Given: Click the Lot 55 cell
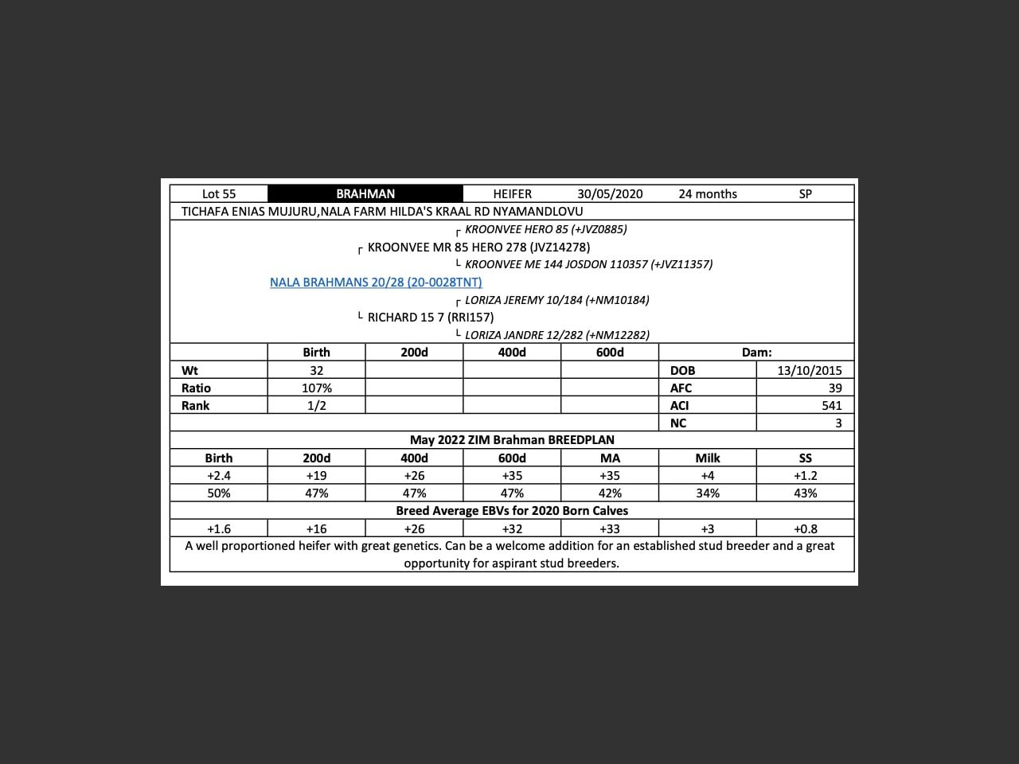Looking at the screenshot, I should (x=219, y=193).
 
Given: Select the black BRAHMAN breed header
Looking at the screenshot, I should (x=365, y=193).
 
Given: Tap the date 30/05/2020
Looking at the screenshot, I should (x=610, y=193).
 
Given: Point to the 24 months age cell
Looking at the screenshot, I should (x=708, y=193).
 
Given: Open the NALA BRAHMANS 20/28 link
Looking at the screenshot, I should (x=376, y=282).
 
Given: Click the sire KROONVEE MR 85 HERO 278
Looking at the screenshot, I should (x=478, y=247).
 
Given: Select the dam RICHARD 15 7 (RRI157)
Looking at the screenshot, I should (x=431, y=317).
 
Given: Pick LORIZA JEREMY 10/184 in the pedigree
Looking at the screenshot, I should (x=556, y=300).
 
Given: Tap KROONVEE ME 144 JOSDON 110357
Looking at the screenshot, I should (x=588, y=264).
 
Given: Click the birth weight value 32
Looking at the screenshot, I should (x=317, y=370).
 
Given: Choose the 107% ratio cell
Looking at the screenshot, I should (x=317, y=388).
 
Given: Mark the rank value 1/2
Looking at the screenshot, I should (x=317, y=405).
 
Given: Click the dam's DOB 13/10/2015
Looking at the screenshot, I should (x=810, y=370).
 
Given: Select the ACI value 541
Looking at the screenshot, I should (x=832, y=405).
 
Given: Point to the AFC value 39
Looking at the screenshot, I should (x=835, y=388).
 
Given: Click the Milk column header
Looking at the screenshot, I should (x=708, y=458).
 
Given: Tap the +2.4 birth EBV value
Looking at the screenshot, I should (x=219, y=475).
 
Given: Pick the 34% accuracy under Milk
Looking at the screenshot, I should (x=708, y=493).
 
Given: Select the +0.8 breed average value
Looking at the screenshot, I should (x=806, y=528).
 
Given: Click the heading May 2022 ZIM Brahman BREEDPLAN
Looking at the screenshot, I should (x=512, y=439).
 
